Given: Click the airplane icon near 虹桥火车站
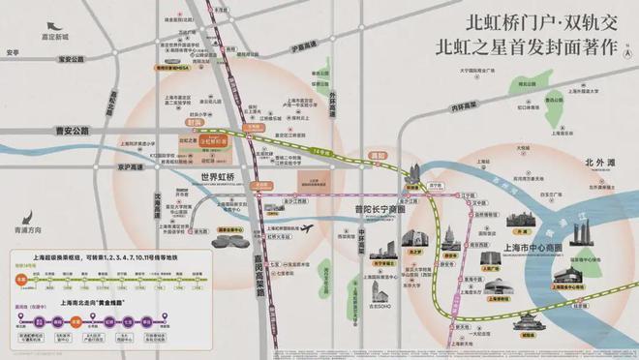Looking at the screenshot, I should coord(308,228).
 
